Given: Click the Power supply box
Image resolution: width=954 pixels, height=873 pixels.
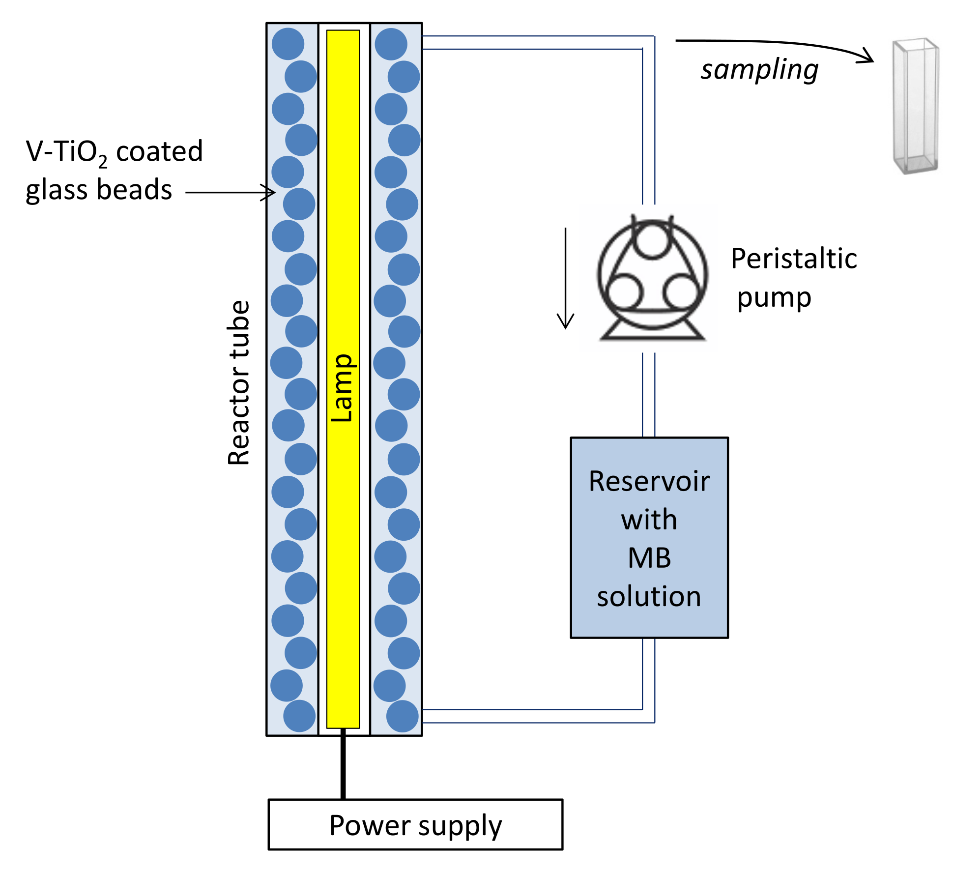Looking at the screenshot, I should coord(415,825).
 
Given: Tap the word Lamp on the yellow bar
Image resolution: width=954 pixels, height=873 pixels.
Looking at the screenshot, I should coord(342,388).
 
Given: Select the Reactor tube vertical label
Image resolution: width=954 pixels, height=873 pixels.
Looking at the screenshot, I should coord(239,382).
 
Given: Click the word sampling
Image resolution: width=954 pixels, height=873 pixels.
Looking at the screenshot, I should coord(759,69).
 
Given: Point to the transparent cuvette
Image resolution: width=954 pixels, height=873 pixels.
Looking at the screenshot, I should coord(915,106).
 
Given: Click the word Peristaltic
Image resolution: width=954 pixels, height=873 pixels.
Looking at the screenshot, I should coord(793,259).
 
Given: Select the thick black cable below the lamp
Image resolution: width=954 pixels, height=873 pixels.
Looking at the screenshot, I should coord(343,764).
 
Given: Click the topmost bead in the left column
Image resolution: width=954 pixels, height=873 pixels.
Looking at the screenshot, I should coord(288,44).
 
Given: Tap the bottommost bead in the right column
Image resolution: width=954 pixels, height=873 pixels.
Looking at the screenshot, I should coord(402,716).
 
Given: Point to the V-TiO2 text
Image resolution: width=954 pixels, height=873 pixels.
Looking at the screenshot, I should coord(66,152).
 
